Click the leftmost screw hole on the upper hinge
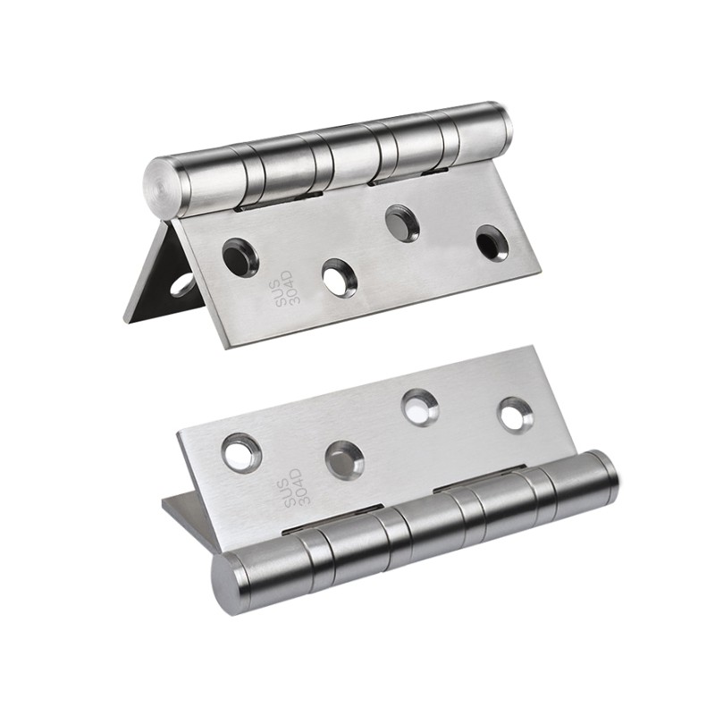240,257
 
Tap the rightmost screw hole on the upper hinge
492,242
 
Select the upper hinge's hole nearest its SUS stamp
240,257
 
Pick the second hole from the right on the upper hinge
402,223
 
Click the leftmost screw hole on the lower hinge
241,452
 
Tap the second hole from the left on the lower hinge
345,460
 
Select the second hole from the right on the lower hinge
420,408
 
